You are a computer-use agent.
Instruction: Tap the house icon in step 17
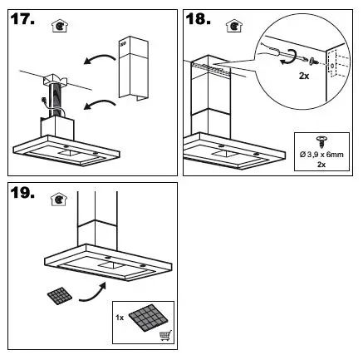pyautogui.click(x=58, y=26)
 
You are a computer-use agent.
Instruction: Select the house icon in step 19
pyautogui.click(x=58, y=200)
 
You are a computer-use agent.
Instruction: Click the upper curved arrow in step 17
pyautogui.click(x=97, y=59)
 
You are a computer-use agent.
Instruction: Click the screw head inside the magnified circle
pyautogui.click(x=310, y=60)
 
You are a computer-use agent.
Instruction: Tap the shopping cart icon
pyautogui.click(x=162, y=334)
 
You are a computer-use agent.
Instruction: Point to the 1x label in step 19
pyautogui.click(x=120, y=317)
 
